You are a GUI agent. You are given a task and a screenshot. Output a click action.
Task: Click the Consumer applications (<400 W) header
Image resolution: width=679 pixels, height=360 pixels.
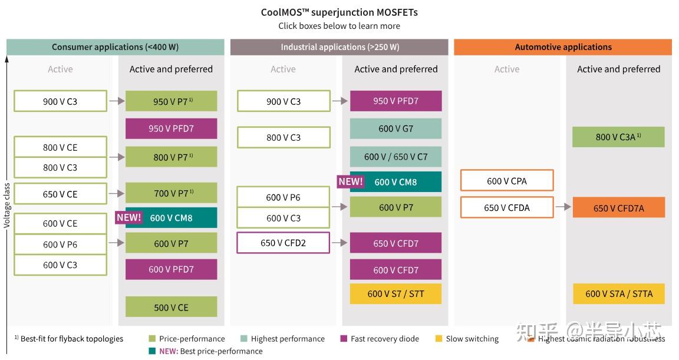[115, 47]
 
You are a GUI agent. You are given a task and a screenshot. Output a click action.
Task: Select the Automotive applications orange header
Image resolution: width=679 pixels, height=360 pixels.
[563, 47]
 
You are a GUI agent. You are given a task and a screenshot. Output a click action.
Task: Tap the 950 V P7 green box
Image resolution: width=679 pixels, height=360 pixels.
[171, 101]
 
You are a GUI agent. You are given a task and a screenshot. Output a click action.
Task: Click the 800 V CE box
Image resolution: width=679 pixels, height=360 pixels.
[60, 147]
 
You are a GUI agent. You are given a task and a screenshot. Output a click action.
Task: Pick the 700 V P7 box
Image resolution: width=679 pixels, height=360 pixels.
[171, 193]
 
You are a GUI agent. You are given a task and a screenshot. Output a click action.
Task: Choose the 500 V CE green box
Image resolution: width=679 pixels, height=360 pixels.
[171, 308]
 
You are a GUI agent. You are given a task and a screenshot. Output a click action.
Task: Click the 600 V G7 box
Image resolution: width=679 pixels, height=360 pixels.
[395, 128]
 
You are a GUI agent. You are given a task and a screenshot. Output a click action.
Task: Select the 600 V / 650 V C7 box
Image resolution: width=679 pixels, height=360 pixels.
[395, 157]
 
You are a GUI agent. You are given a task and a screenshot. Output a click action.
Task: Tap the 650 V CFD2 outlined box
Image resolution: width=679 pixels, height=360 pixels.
[283, 243]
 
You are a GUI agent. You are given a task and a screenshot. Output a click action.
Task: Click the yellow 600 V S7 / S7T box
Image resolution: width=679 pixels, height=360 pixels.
[395, 293]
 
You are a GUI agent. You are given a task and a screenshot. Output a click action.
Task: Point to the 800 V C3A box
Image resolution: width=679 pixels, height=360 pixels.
[618, 137]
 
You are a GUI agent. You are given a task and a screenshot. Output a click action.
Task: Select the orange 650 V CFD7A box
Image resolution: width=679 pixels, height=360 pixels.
[618, 208]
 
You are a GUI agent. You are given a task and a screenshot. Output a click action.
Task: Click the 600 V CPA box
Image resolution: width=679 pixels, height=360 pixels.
[507, 181]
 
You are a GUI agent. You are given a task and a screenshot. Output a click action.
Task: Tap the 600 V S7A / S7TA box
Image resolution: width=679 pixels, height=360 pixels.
[618, 293]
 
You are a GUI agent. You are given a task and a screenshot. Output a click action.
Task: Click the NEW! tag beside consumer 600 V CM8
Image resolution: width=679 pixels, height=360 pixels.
[129, 217]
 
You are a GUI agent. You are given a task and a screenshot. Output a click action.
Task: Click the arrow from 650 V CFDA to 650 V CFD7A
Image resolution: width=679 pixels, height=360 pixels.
[563, 207]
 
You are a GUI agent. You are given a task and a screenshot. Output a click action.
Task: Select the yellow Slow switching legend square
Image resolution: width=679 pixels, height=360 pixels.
[439, 339]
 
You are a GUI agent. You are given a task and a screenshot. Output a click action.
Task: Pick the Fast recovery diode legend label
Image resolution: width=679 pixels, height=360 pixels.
[385, 339]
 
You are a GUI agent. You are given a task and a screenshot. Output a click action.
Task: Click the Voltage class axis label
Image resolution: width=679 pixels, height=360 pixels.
[7, 205]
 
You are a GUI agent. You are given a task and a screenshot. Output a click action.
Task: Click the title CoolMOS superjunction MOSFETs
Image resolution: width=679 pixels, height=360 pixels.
[339, 12]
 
